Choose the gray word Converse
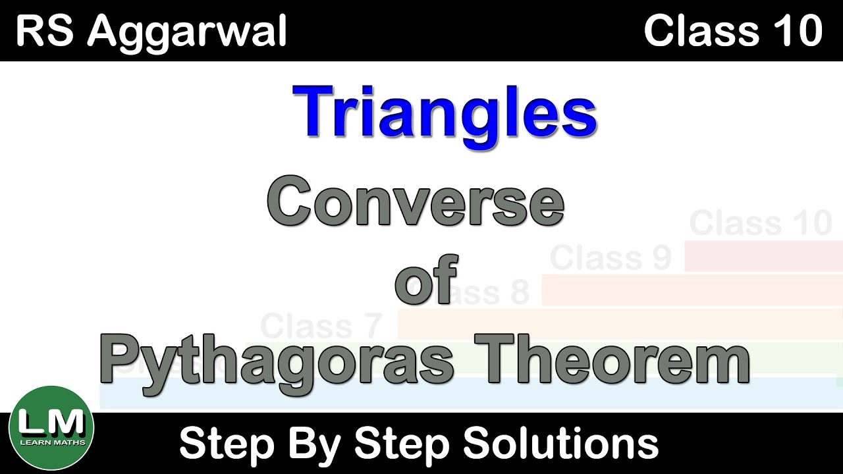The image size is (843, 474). coord(416,204)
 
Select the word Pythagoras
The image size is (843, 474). coord(277,361)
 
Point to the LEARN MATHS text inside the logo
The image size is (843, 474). coord(52,442)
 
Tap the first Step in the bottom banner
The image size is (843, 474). coord(224,443)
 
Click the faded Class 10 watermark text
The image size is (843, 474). coord(761,223)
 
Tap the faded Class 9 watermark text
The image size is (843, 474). coord(610,258)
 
